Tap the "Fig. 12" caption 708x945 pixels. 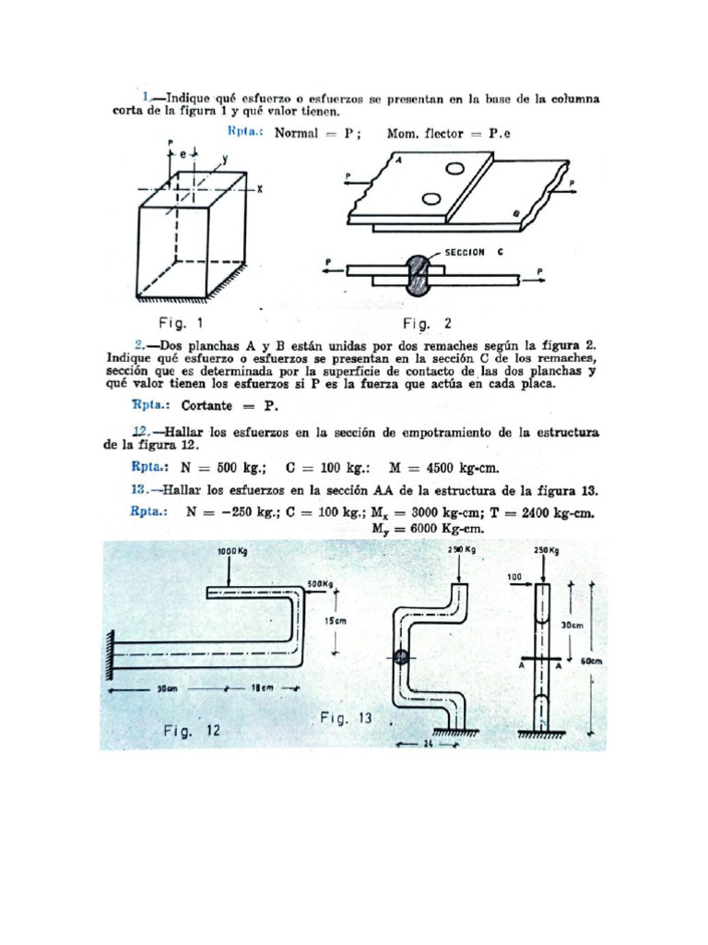192,731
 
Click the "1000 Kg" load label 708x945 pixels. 233,551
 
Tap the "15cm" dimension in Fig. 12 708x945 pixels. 336,621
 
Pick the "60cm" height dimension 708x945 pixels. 593,661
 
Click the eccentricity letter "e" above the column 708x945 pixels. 182,152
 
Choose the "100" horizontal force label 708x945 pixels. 513,577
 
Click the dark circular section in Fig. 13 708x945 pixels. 401,658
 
